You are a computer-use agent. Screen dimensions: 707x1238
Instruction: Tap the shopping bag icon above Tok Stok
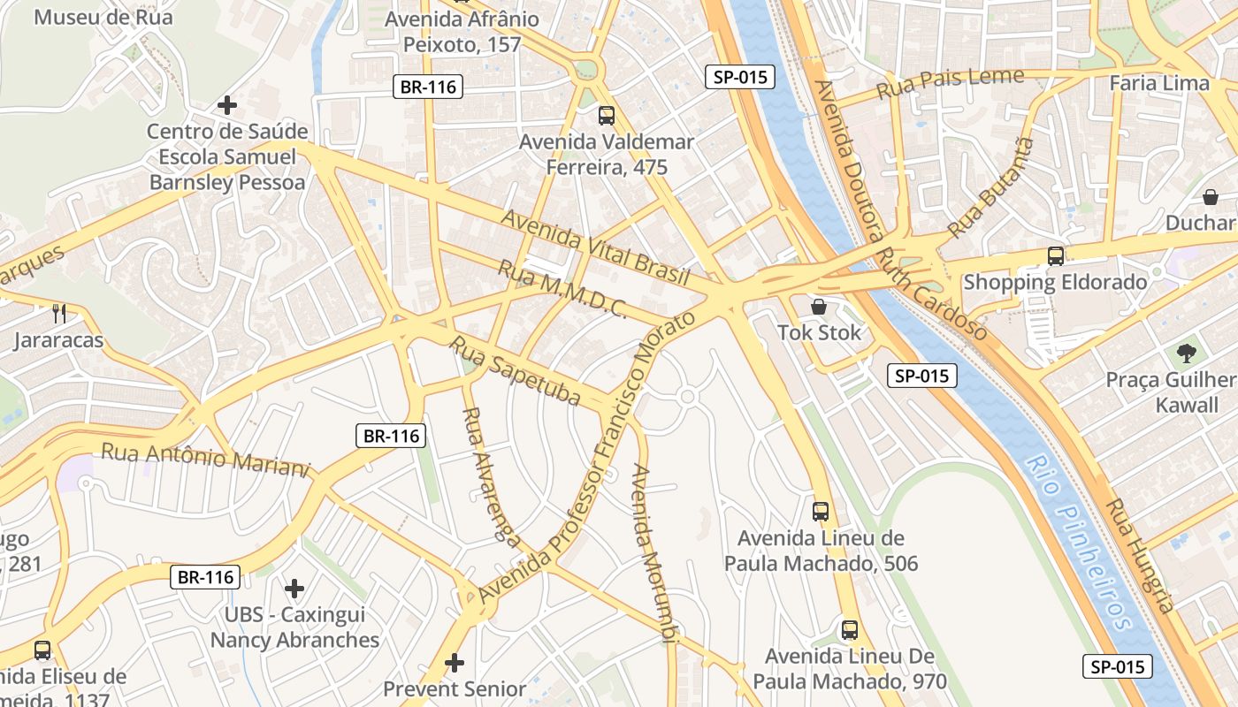[x=819, y=307]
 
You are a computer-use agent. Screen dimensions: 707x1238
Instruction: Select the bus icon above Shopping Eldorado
[x=1055, y=256]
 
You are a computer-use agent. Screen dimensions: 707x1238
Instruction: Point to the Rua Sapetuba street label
[x=516, y=370]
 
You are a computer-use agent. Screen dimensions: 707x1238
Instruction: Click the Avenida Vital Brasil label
[x=595, y=247]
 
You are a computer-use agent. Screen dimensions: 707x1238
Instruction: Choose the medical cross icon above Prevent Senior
[x=455, y=662]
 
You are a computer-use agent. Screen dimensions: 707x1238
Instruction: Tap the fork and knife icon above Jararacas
[x=58, y=313]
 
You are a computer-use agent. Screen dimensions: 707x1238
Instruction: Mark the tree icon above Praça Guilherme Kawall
[x=1186, y=353]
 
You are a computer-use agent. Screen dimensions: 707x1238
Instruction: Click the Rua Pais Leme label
[x=950, y=84]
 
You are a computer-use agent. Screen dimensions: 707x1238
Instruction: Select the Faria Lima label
[x=1158, y=83]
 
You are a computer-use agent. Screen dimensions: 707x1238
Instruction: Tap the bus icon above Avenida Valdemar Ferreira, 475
[x=606, y=115]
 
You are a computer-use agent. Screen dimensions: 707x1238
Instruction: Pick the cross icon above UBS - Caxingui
[x=294, y=588]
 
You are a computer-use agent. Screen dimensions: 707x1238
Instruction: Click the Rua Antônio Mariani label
[x=206, y=459]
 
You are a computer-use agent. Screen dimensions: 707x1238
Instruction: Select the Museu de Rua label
[x=103, y=17]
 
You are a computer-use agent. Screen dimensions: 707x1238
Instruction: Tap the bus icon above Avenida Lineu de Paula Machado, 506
[x=820, y=511]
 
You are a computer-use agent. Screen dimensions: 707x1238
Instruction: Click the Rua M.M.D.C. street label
[x=562, y=289]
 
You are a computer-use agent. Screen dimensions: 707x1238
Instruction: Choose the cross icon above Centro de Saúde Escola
[x=227, y=105]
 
